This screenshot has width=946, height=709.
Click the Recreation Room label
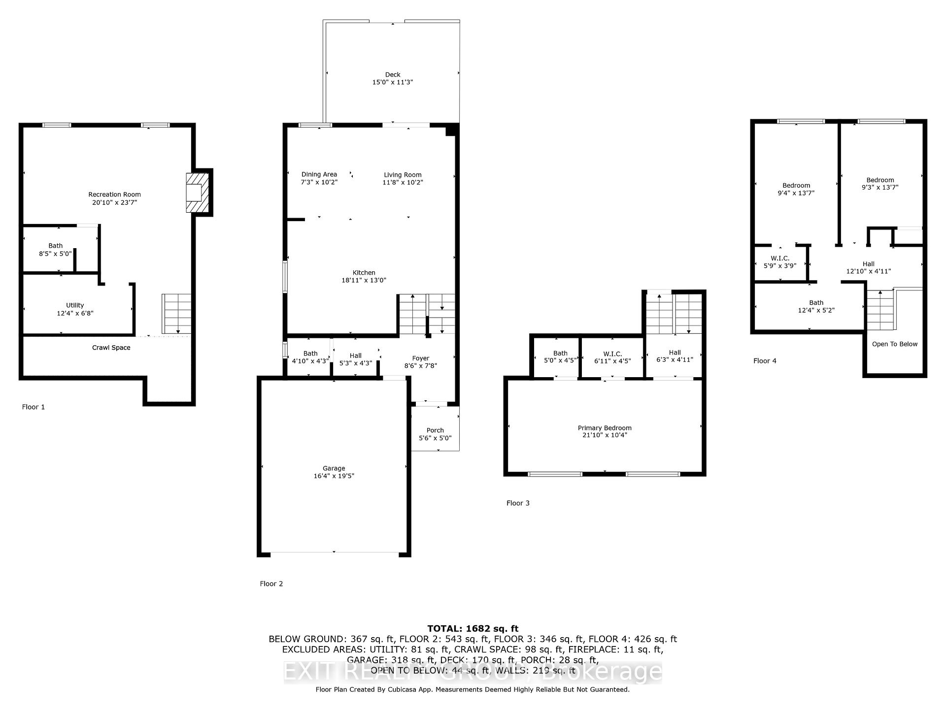click(x=114, y=194)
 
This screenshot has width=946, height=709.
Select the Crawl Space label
click(x=111, y=348)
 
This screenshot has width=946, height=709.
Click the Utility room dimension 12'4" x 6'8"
click(x=75, y=313)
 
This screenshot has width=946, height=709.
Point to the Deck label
click(x=393, y=75)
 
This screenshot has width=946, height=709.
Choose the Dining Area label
click(x=319, y=174)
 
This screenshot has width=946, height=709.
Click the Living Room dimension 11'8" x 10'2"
click(x=403, y=183)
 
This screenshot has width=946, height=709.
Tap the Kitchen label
click(x=364, y=273)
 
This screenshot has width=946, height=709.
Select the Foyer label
click(x=421, y=358)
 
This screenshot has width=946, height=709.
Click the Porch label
click(x=435, y=430)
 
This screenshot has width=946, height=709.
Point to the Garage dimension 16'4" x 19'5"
click(x=334, y=476)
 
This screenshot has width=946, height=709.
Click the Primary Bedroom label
click(x=605, y=428)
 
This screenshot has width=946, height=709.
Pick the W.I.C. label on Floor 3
click(x=612, y=354)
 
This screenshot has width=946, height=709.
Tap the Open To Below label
click(x=895, y=344)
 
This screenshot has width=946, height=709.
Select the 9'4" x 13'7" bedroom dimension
click(x=796, y=193)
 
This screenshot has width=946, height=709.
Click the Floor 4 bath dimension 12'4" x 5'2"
click(x=816, y=311)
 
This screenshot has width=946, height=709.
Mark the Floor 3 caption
click(x=518, y=503)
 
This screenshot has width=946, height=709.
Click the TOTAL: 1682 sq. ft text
click(x=473, y=628)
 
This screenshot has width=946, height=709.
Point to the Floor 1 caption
click(x=34, y=407)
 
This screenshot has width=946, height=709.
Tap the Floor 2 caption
click(x=271, y=584)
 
